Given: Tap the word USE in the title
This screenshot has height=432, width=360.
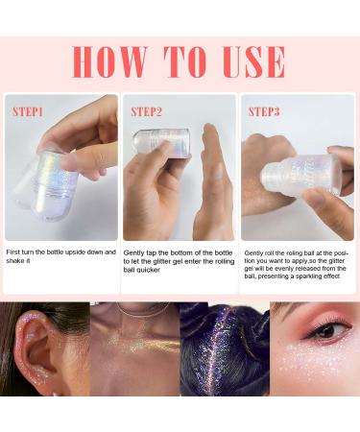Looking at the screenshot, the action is coord(254,62).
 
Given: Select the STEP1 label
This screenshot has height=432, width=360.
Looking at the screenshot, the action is coord(28,111).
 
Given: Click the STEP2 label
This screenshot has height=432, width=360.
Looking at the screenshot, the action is coord(146,111).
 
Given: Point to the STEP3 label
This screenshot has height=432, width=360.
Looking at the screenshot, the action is coord(264,111).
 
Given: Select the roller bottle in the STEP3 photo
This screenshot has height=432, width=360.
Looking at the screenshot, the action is coord(302,175).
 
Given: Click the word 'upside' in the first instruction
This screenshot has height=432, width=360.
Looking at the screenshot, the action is coord(76,252).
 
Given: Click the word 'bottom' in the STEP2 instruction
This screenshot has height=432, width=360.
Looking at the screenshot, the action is coord(183,252).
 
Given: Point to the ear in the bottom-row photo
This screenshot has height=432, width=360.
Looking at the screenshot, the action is coord(38,352).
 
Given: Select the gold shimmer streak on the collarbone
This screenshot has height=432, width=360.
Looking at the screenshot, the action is coord(144,345).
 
